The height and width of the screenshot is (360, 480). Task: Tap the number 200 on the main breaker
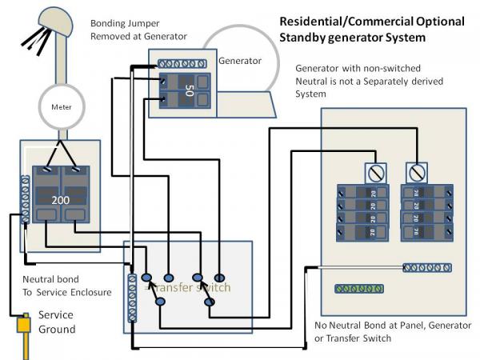[x=60, y=199]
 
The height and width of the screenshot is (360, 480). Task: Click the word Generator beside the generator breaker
[x=239, y=59]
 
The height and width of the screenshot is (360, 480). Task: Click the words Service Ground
[x=57, y=322]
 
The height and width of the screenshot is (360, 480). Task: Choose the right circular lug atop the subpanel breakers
[x=416, y=172]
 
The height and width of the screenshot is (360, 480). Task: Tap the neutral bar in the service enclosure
[x=26, y=200]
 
